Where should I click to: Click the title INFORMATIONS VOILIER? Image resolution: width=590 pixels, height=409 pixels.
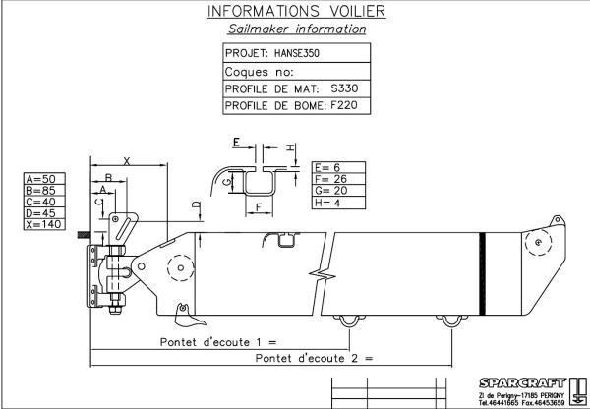[x=297, y=11]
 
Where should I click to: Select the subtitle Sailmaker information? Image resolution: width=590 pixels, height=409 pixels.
[x=297, y=29]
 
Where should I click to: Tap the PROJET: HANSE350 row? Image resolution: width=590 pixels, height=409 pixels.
[x=297, y=53]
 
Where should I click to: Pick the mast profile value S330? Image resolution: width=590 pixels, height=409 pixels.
[x=344, y=88]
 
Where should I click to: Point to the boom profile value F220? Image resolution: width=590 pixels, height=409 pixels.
[x=344, y=105]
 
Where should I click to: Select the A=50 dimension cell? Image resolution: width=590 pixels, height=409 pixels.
[x=44, y=179]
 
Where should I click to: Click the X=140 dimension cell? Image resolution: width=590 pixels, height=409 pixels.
[x=44, y=224]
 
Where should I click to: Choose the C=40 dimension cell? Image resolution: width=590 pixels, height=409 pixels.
[x=44, y=202]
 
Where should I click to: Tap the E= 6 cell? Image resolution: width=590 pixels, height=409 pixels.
[x=338, y=167]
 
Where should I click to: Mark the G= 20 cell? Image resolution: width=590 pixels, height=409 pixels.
[x=338, y=191]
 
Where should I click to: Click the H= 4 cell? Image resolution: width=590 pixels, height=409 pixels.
[x=338, y=203]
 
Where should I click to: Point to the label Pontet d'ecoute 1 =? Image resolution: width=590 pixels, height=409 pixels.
[x=218, y=342]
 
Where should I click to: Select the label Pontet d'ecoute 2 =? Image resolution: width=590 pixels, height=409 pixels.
[x=314, y=358]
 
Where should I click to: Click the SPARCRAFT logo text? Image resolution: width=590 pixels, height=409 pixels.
[x=523, y=383]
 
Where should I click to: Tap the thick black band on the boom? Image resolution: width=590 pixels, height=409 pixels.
[x=482, y=274]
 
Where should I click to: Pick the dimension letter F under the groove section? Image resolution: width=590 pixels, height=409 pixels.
[x=259, y=206]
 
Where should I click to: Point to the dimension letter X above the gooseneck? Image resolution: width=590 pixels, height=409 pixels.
[x=127, y=161]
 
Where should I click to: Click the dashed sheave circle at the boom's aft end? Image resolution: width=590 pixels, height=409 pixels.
[x=539, y=242]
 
